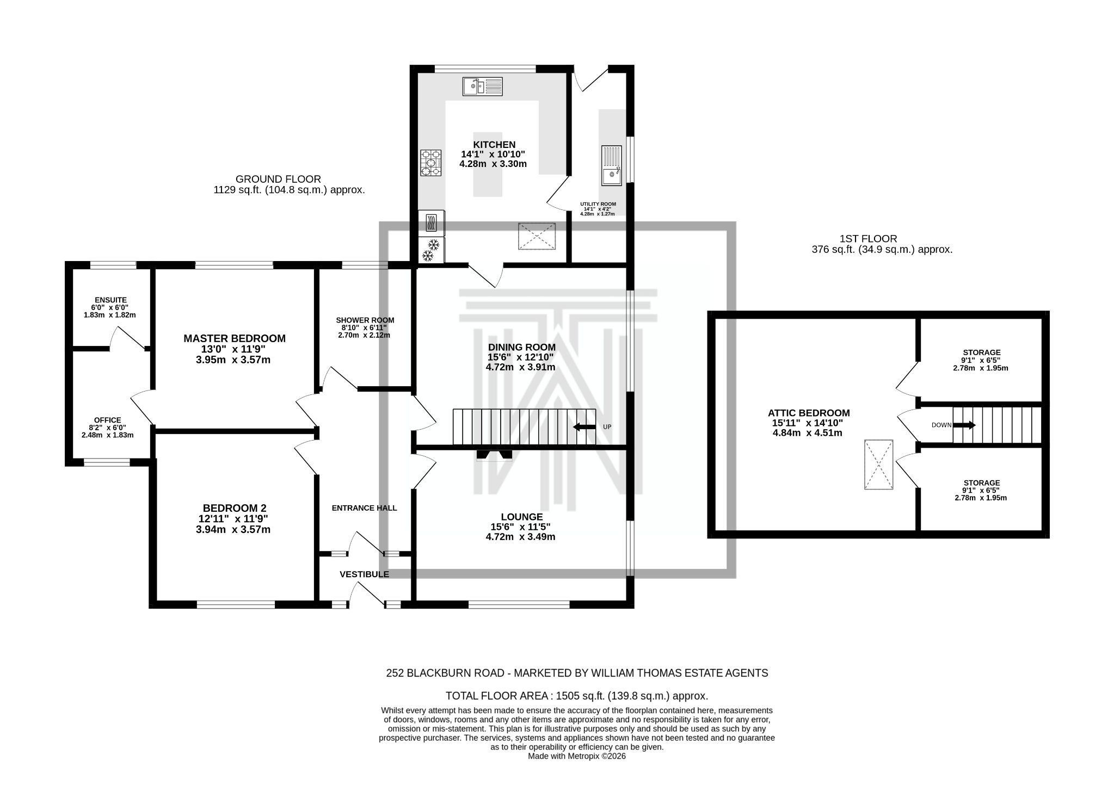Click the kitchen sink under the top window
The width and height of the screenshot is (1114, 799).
483,86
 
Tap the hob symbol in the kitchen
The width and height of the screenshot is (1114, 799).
430,163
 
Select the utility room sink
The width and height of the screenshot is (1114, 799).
611,165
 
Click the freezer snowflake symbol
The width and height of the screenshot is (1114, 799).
431,250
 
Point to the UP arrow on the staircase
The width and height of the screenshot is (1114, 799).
584,427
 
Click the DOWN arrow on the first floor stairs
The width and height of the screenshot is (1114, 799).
964,425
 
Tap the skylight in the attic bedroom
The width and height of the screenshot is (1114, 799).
878,465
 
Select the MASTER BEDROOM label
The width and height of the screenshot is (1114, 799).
234,338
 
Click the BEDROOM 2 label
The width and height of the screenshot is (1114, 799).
234,508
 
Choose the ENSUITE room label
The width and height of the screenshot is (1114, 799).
110,300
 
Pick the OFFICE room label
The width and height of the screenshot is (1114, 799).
107,420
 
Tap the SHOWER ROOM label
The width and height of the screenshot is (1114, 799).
365,320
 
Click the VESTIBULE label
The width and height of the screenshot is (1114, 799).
364,574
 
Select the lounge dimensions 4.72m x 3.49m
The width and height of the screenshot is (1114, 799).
520,537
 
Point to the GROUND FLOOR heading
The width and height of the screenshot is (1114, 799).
278,179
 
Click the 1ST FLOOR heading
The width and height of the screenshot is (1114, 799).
868,238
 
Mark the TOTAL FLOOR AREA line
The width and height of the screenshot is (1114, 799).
576,696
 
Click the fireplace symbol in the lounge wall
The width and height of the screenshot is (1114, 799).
494,455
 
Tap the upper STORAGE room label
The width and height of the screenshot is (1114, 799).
981,352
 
